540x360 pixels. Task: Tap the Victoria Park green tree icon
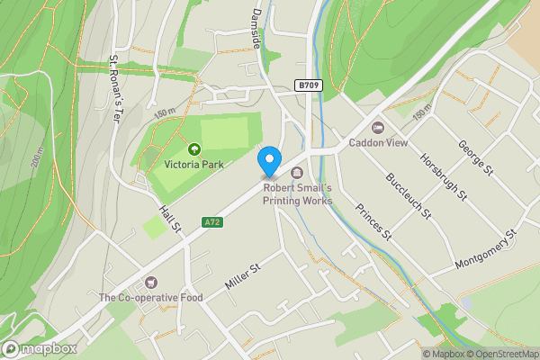tap(193, 148)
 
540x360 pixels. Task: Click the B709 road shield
tap(308, 85)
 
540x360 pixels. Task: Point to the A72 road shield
tap(212, 221)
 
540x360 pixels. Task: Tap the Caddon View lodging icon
tap(377, 128)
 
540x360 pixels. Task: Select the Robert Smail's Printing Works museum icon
tap(297, 174)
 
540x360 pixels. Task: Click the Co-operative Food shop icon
tap(150, 283)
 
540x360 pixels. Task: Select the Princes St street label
tap(373, 222)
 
